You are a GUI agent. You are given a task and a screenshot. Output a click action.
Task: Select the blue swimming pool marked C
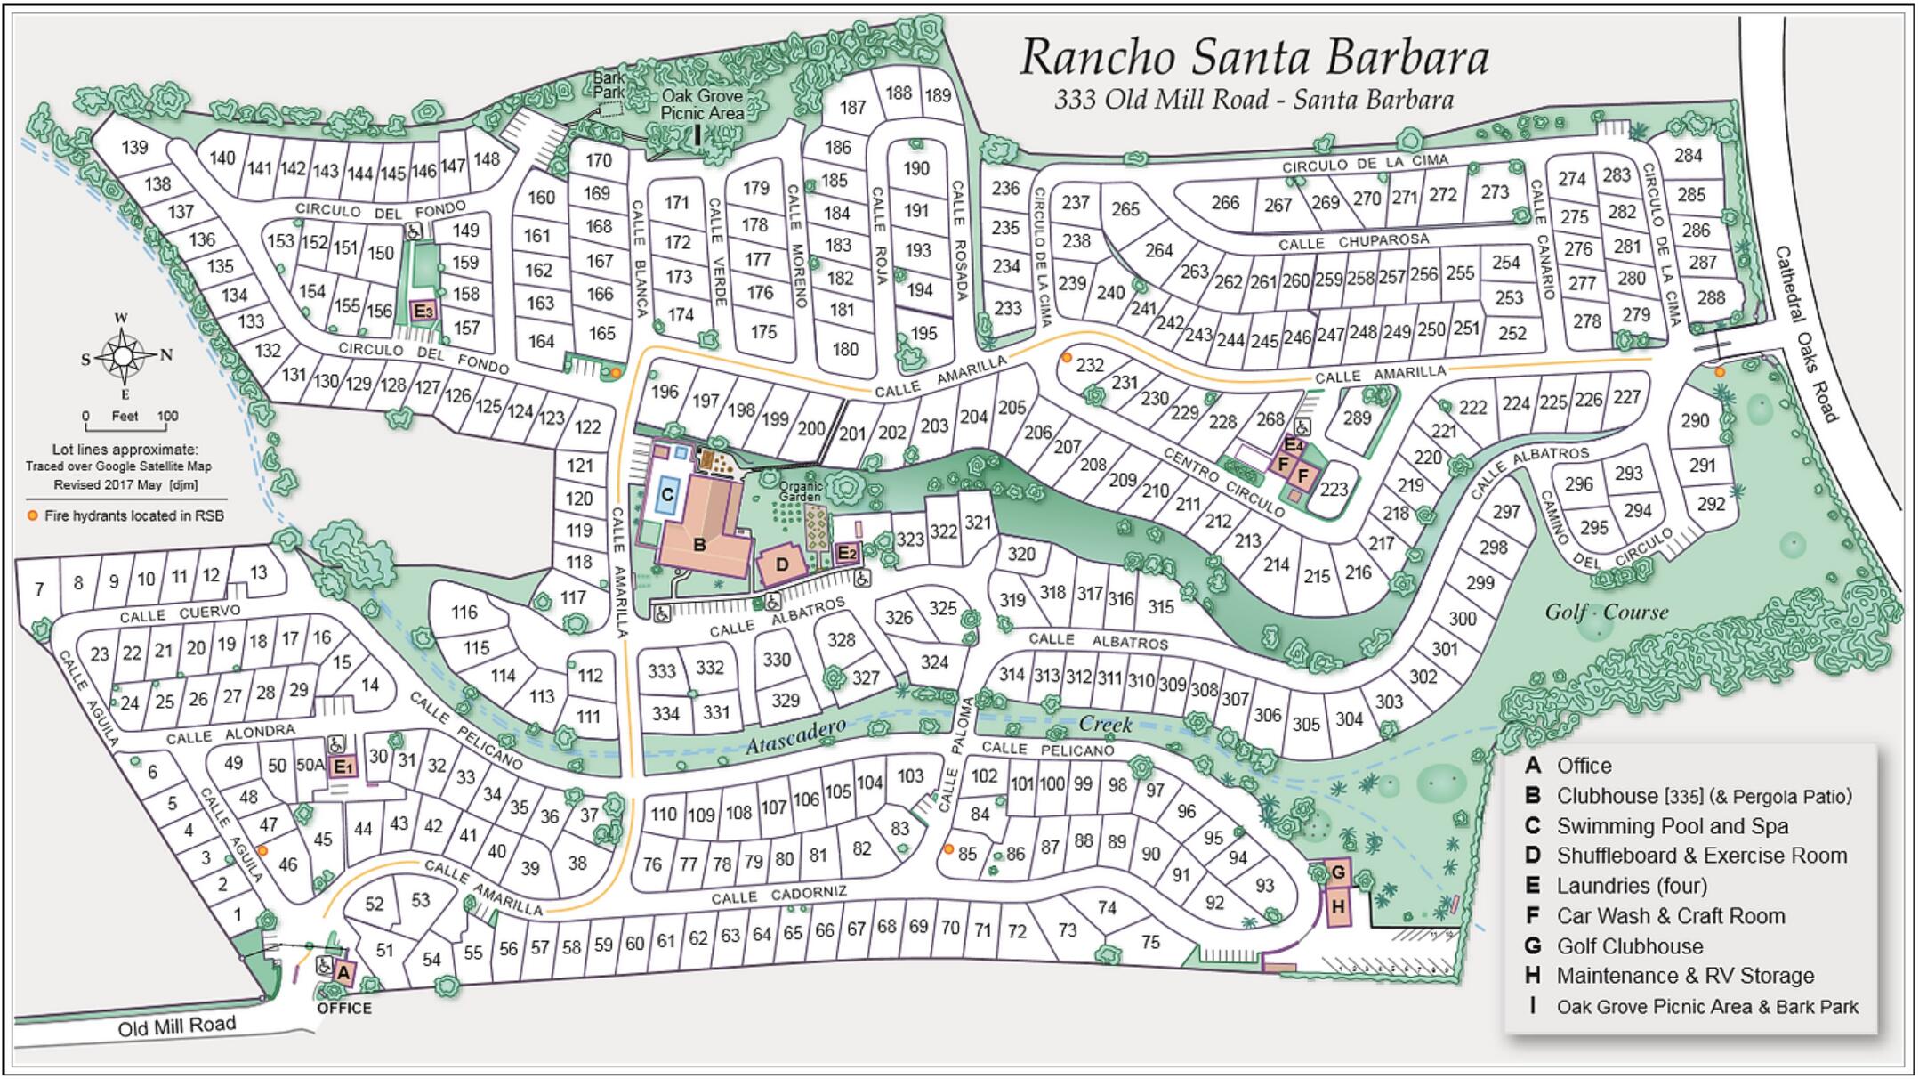point(667,495)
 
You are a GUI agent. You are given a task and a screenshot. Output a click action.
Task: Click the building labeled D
point(782,564)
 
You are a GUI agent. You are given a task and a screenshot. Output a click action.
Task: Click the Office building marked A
point(343,973)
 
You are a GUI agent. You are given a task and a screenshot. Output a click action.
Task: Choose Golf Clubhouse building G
point(1338,872)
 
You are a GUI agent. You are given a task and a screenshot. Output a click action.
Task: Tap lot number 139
point(134,147)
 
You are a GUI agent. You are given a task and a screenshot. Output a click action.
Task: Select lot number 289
point(1357,418)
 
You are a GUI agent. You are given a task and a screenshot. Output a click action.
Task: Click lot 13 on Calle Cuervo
point(258,572)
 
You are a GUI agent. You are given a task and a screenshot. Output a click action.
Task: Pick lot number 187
point(852,108)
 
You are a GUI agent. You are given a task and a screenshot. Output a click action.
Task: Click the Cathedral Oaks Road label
point(1806,334)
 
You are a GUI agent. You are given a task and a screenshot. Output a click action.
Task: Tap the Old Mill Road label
point(177,1026)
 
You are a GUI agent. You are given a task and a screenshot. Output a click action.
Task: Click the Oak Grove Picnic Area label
point(702,105)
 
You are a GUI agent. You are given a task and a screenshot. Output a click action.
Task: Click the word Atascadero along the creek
point(794,736)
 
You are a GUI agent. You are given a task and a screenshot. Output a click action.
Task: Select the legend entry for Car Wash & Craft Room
point(1670,916)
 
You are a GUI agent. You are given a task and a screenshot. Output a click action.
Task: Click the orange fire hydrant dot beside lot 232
point(1066,358)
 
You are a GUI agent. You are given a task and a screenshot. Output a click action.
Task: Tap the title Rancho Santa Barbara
point(1254,57)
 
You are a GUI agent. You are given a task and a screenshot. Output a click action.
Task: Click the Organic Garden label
point(801,491)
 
